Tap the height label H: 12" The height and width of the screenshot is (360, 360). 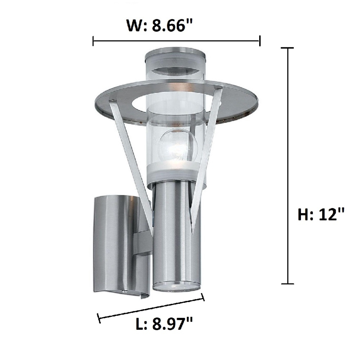pyautogui.click(x=320, y=215)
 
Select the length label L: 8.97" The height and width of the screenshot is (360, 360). pyautogui.click(x=164, y=324)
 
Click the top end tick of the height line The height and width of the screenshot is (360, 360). pyautogui.click(x=287, y=48)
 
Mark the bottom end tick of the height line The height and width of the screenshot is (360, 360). pyautogui.click(x=287, y=284)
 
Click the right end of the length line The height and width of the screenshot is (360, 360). pyautogui.click(x=204, y=297)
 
